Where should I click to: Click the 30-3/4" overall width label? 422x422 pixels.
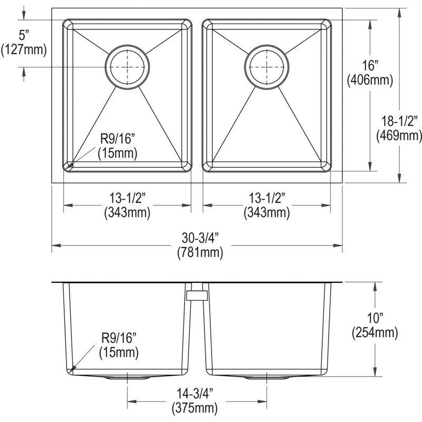click(x=200, y=238)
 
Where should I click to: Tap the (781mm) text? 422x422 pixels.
click(x=200, y=253)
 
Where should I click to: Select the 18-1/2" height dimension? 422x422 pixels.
click(x=400, y=121)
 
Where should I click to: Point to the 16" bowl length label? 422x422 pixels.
click(x=370, y=65)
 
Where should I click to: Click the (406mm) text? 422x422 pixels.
click(x=370, y=80)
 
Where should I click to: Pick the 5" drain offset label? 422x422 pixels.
click(x=24, y=35)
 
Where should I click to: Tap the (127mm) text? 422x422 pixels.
click(x=24, y=50)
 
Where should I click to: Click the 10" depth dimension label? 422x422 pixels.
click(x=375, y=318)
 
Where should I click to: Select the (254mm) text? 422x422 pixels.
click(x=375, y=333)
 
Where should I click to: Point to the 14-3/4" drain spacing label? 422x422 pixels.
click(x=195, y=394)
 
